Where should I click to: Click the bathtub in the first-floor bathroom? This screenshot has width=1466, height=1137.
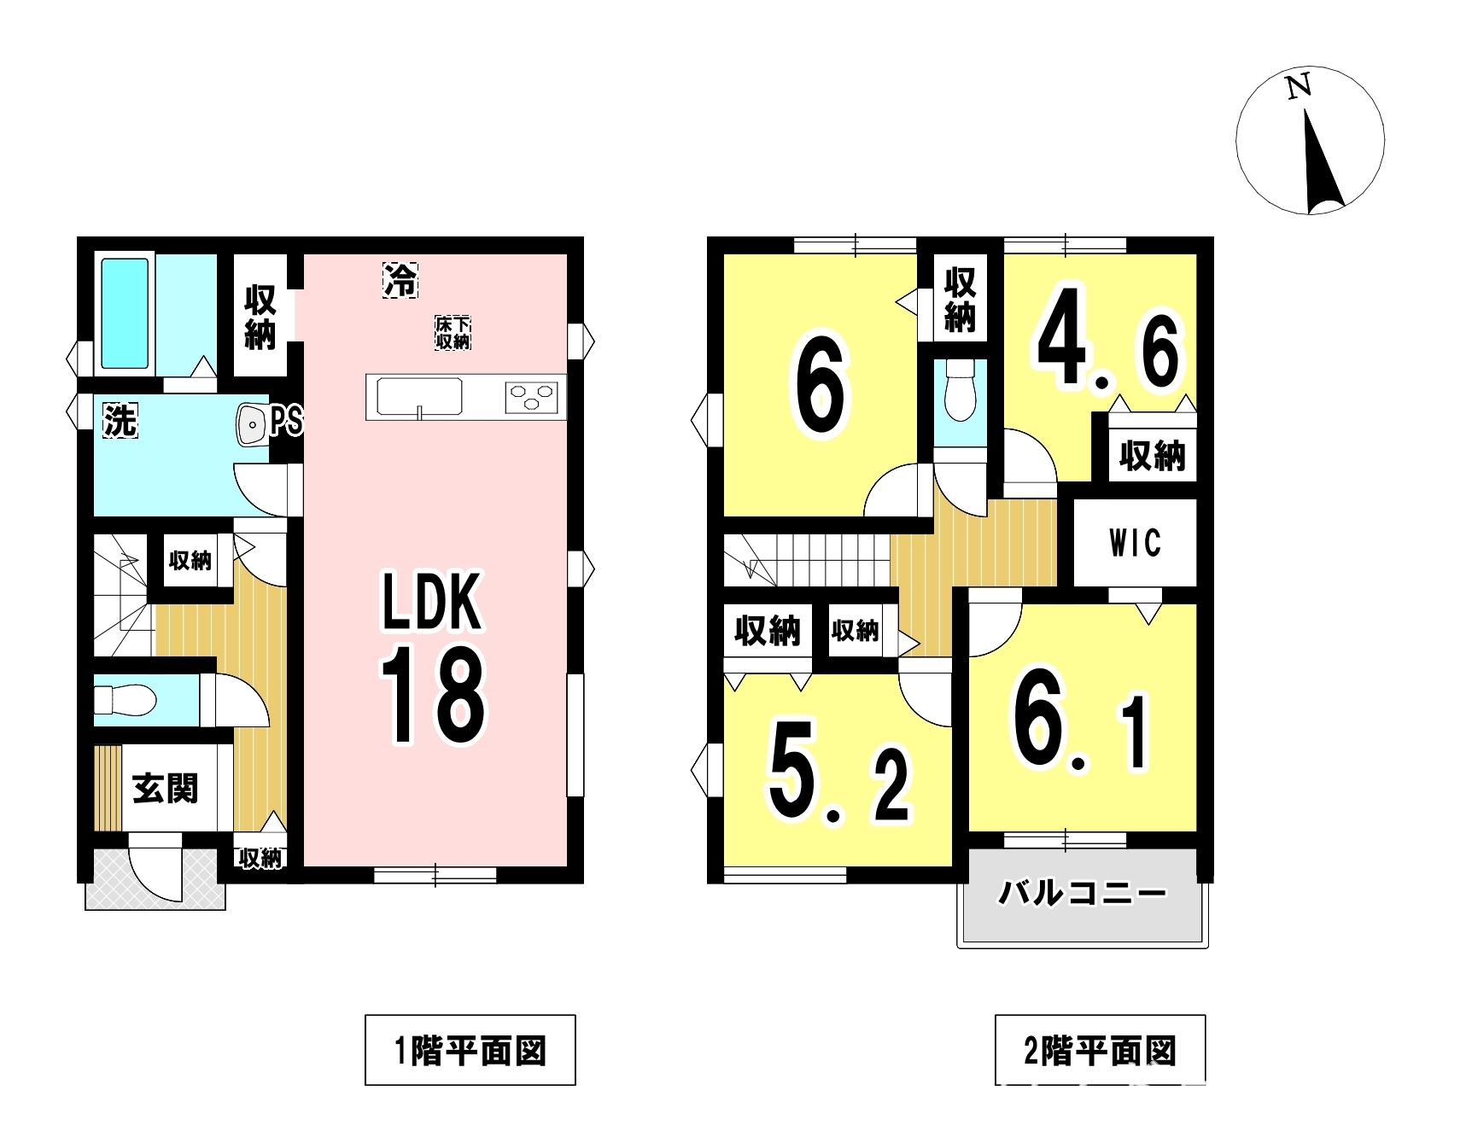click(125, 313)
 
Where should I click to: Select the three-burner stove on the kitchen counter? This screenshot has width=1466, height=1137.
click(531, 397)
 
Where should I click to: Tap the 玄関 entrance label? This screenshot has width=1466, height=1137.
click(166, 788)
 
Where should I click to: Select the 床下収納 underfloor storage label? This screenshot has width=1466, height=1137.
click(453, 332)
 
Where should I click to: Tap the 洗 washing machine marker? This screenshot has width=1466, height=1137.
click(120, 420)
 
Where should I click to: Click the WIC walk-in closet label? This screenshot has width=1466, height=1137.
click(1135, 543)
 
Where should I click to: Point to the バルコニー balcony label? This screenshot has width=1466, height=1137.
click(1083, 894)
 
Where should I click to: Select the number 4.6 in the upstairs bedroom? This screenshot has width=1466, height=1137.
click(1110, 349)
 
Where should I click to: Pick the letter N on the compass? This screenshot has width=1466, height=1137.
click(1299, 87)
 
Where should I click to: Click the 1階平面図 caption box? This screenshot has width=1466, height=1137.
click(470, 1050)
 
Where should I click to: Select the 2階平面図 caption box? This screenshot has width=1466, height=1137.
click(1101, 1050)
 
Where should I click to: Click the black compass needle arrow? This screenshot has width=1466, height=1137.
click(1321, 162)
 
